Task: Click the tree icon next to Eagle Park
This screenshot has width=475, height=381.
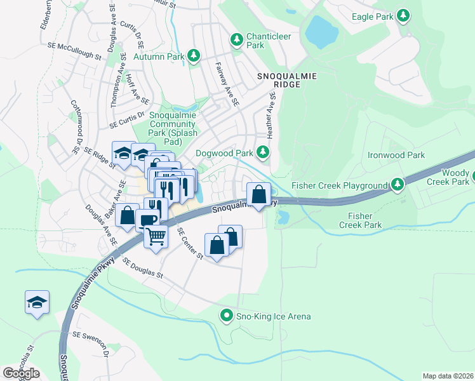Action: pyautogui.click(x=403, y=15)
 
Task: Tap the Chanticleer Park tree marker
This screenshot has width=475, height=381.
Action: pyautogui.click(x=237, y=41)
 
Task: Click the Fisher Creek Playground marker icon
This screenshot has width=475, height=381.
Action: pyautogui.click(x=398, y=185)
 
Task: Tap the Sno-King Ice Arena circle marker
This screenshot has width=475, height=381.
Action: pyautogui.click(x=225, y=316)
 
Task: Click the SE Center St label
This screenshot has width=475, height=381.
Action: pyautogui.click(x=189, y=244)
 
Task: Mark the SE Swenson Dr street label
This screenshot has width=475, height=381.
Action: pyautogui.click(x=91, y=343)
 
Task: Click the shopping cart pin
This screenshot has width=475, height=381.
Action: pyautogui.click(x=156, y=236)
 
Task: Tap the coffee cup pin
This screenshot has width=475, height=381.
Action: pyautogui.click(x=147, y=220)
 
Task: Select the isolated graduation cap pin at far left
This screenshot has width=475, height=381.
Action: pyautogui.click(x=37, y=302)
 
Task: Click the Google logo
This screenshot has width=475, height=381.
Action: pyautogui.click(x=21, y=373)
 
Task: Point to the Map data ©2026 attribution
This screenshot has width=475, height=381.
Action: pyautogui.click(x=448, y=376)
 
